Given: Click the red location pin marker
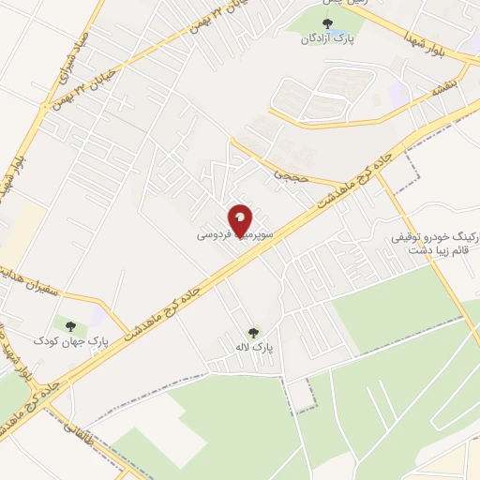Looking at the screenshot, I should [241, 219].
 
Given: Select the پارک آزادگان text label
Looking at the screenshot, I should [319, 40].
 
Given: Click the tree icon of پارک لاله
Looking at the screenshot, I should [252, 332].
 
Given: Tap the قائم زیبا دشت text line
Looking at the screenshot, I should [439, 252].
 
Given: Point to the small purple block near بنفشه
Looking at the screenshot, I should [398, 92].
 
